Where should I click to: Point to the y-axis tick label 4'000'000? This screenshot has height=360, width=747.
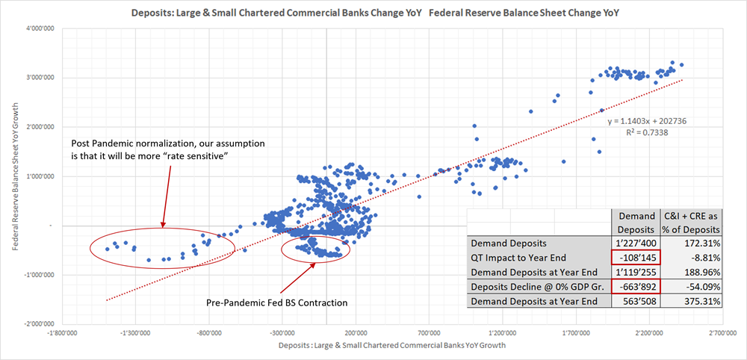37,28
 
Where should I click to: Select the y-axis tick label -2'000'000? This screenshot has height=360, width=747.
36,324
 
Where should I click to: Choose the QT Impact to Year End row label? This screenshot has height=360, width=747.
515,257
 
